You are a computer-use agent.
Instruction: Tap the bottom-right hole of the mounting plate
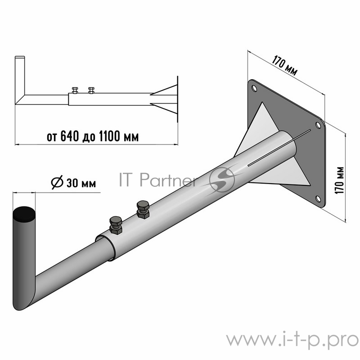point(318,198)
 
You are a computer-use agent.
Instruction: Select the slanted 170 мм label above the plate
point(284,65)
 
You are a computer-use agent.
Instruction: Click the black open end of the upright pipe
point(23,213)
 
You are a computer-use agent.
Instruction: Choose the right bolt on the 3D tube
point(143,209)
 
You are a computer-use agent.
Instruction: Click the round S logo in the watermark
point(222,180)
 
